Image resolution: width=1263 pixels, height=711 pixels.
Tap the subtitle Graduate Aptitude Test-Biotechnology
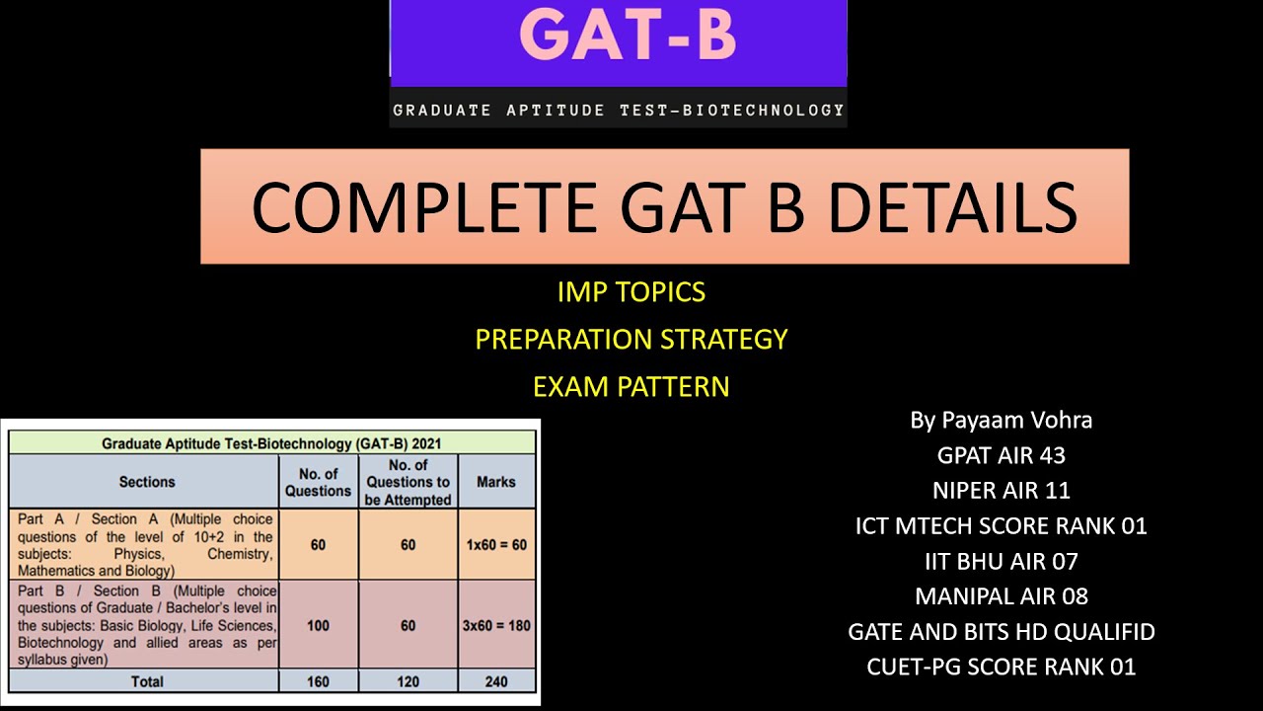619,110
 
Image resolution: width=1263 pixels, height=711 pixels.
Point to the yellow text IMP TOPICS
631,292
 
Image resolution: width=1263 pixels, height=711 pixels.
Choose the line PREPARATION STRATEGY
631,340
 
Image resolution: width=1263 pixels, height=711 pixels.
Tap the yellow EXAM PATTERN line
631,386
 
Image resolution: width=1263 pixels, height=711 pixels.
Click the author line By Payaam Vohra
1001,420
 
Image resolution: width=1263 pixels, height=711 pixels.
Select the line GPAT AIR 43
1001,455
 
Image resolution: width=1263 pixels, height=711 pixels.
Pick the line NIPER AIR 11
1001,491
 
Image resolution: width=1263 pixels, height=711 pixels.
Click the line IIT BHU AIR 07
1001,562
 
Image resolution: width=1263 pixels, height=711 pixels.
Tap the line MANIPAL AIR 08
1001,596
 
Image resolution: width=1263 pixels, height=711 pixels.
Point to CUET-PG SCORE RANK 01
1001,667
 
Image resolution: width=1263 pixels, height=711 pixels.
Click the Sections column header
147,482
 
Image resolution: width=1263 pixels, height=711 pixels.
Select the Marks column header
496,482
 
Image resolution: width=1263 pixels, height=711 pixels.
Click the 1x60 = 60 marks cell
496,544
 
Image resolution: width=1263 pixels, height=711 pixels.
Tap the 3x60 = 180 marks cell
496,625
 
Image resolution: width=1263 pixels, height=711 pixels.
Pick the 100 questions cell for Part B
318,625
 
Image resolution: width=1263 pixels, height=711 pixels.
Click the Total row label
147,680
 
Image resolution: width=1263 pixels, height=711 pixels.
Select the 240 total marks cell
496,680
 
